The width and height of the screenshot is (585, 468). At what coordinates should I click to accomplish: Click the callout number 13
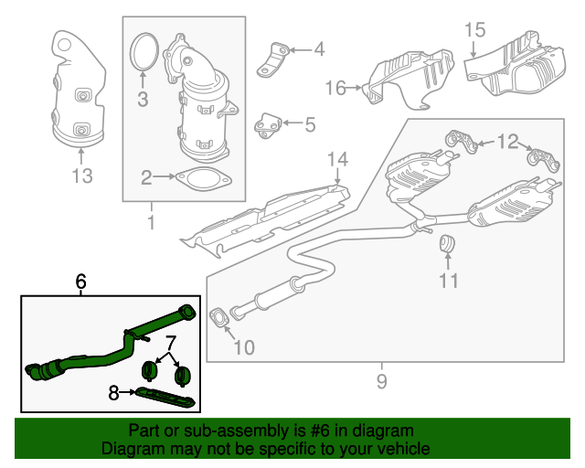click(82, 175)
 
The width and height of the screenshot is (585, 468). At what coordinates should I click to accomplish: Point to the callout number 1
click(151, 222)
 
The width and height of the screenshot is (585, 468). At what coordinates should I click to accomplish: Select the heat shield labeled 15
click(516, 69)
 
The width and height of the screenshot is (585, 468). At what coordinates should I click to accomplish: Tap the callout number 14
click(337, 160)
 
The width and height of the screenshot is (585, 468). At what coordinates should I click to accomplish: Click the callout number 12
click(506, 141)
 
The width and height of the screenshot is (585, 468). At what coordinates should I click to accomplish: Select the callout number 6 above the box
click(80, 282)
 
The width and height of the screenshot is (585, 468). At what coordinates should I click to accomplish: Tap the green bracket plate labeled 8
click(165, 396)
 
